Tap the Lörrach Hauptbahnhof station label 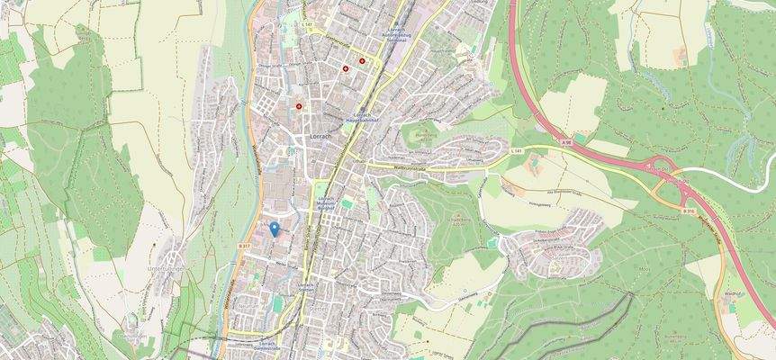360,117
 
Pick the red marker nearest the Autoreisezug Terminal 362,61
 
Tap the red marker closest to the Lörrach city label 300,106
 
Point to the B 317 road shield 244,245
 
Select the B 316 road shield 689,211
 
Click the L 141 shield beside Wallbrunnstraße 518,150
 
